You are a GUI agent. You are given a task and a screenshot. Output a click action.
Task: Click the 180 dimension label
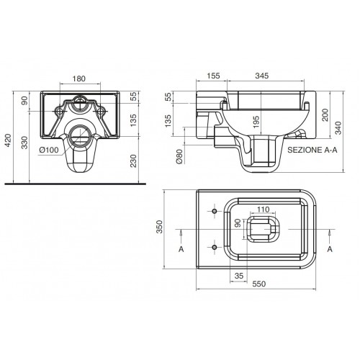pos(79,78)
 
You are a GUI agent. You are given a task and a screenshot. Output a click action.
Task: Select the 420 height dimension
pos(9,141)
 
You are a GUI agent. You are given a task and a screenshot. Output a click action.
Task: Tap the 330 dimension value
pos(24,142)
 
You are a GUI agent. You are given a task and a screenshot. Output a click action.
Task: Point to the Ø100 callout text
pos(49,150)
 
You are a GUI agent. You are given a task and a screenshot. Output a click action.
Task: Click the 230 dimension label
pos(133,161)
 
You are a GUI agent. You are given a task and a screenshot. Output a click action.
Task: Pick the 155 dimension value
pos(213,76)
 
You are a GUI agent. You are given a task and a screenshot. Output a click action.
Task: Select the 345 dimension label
pos(262,76)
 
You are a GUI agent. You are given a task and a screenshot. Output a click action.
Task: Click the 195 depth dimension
pos(256,122)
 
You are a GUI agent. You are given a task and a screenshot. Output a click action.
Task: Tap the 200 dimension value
pos(325,115)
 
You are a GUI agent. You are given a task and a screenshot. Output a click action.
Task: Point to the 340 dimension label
pos(338,128)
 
